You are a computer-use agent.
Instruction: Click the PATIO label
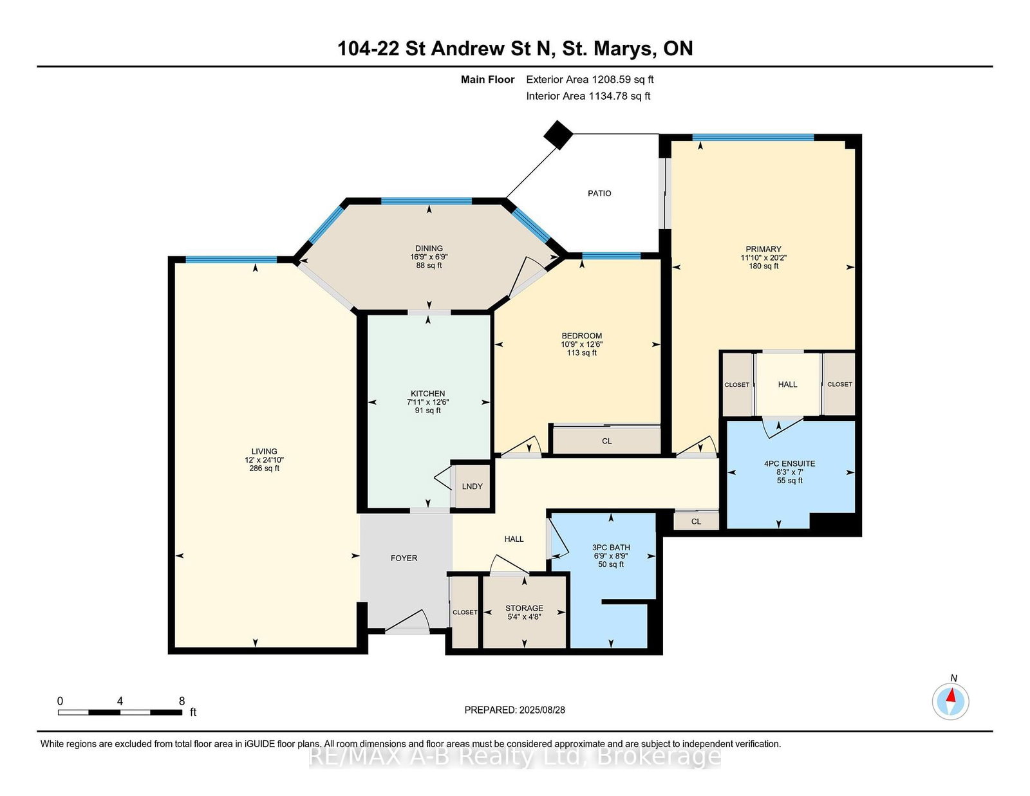point(599,193)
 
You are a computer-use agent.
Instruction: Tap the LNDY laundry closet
point(472,486)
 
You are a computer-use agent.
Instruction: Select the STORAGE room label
point(524,608)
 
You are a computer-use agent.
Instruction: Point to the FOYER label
point(404,558)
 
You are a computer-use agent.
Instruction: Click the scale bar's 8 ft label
point(182,701)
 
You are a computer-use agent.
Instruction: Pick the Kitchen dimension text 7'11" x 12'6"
point(427,402)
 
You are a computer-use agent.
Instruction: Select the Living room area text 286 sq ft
point(264,468)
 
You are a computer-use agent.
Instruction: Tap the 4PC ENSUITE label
point(789,463)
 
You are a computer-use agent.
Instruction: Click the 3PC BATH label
point(610,547)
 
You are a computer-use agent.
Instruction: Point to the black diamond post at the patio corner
point(558,134)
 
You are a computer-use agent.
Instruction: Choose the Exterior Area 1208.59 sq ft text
point(590,80)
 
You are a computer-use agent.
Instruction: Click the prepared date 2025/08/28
point(542,710)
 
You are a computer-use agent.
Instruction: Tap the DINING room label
point(429,248)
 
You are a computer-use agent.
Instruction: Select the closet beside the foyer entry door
point(465,612)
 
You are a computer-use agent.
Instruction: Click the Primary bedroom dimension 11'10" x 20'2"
point(763,258)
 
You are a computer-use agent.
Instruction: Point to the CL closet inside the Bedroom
point(606,441)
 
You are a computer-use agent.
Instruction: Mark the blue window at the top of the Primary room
point(753,138)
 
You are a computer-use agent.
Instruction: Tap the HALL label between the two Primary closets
point(787,384)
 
